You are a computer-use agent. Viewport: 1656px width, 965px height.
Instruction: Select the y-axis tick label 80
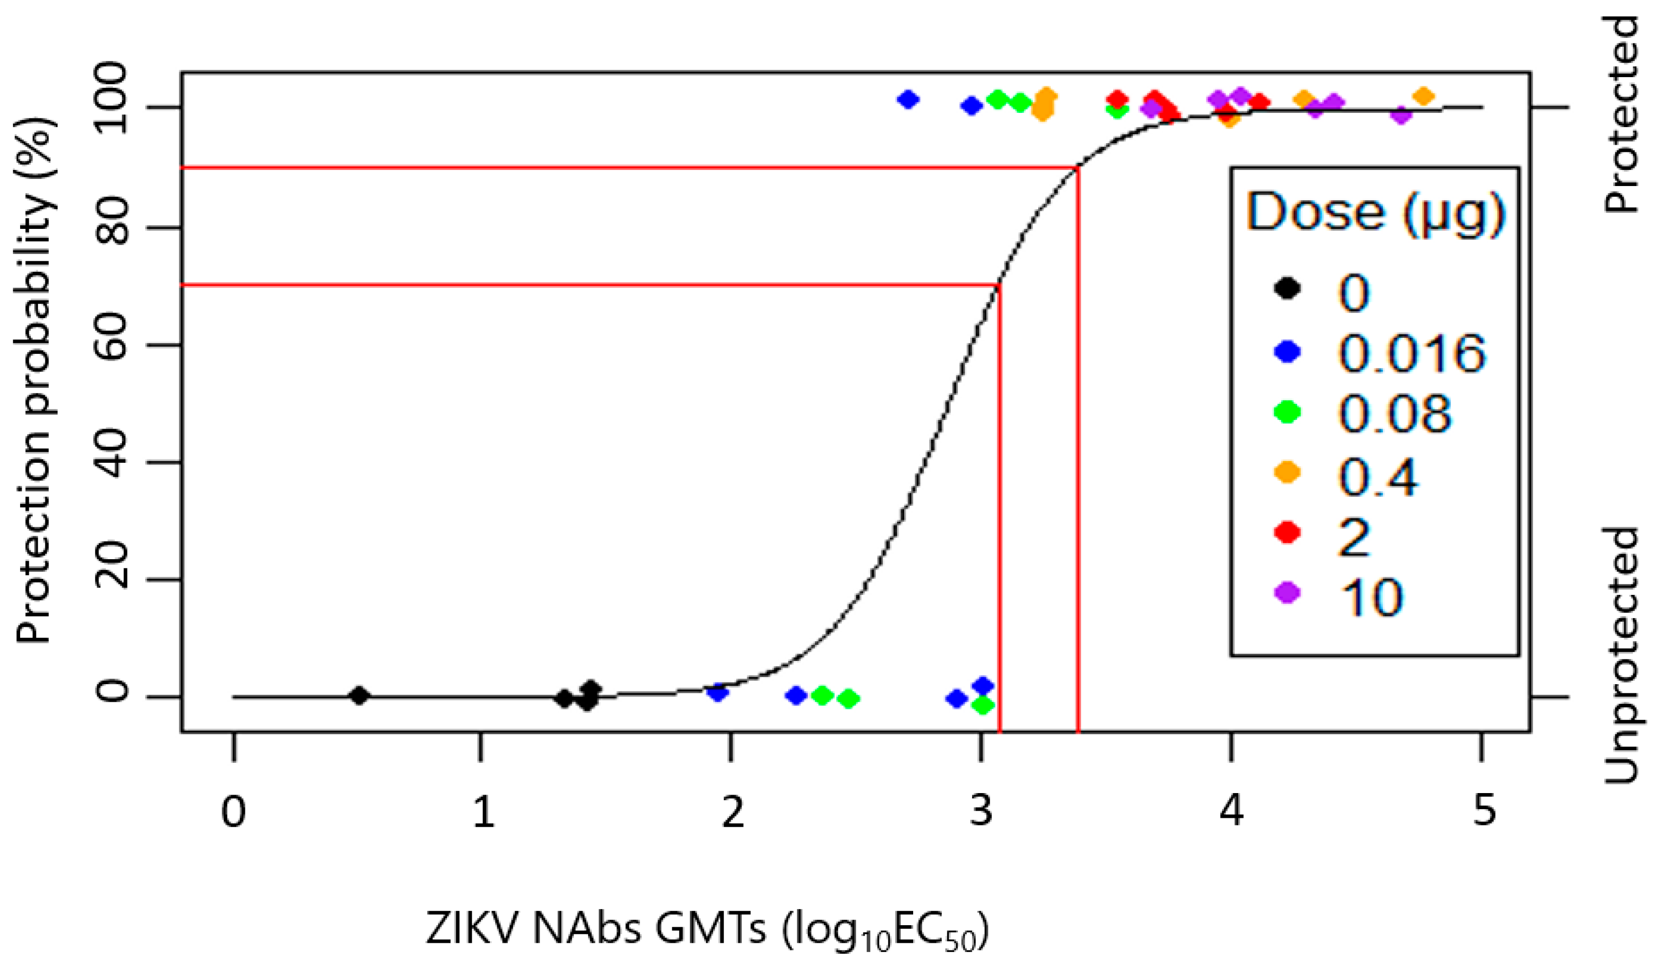(113, 227)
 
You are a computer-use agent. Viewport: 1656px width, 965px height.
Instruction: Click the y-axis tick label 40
(113, 462)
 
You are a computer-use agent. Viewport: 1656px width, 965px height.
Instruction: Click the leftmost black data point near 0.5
(359, 695)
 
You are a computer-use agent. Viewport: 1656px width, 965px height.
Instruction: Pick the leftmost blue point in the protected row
(908, 100)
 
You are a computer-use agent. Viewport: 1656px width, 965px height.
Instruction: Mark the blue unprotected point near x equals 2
(718, 692)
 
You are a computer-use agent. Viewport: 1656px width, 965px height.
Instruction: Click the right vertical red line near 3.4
(1078, 460)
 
